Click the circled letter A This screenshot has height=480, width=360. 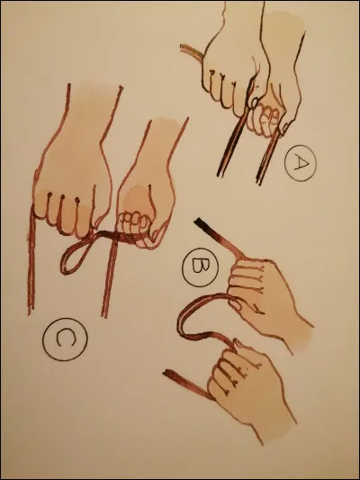[x=298, y=165]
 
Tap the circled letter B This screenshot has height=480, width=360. [x=197, y=267]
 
